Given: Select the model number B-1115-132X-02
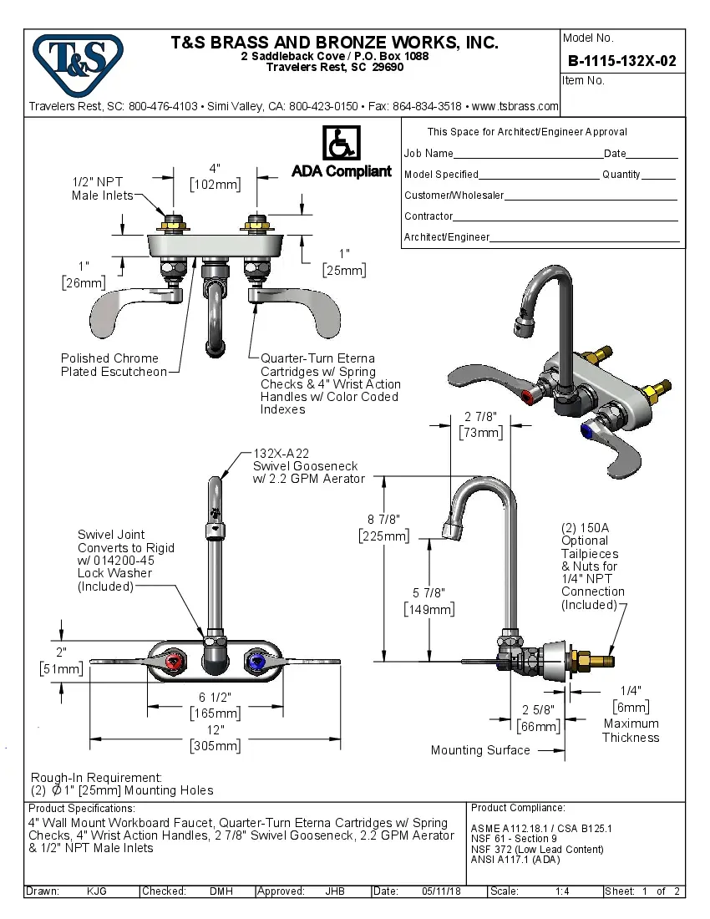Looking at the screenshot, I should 621,61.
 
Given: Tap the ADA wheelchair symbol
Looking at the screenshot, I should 341,144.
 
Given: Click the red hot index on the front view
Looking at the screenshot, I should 174,663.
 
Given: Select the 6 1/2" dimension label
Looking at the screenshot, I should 215,698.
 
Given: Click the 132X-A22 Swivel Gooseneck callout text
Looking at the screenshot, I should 308,465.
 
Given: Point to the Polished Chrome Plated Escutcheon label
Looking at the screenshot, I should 114,365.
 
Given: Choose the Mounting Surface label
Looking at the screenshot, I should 480,750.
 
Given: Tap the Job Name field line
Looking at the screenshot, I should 528,155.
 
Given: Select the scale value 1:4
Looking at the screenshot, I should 562,891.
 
